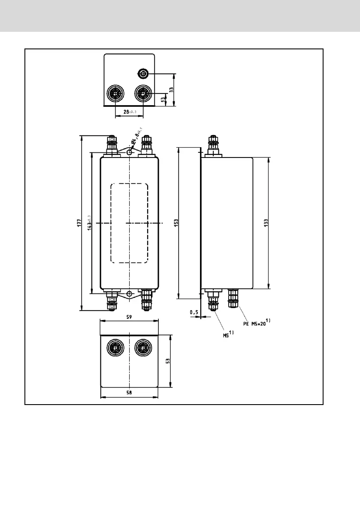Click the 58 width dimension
[129, 393]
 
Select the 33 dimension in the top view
[171, 90]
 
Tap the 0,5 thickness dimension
[194, 313]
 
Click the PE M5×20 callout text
[256, 323]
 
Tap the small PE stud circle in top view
[143, 74]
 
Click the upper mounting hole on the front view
[129, 152]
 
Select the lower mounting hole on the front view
[129, 294]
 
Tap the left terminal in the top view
[115, 93]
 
